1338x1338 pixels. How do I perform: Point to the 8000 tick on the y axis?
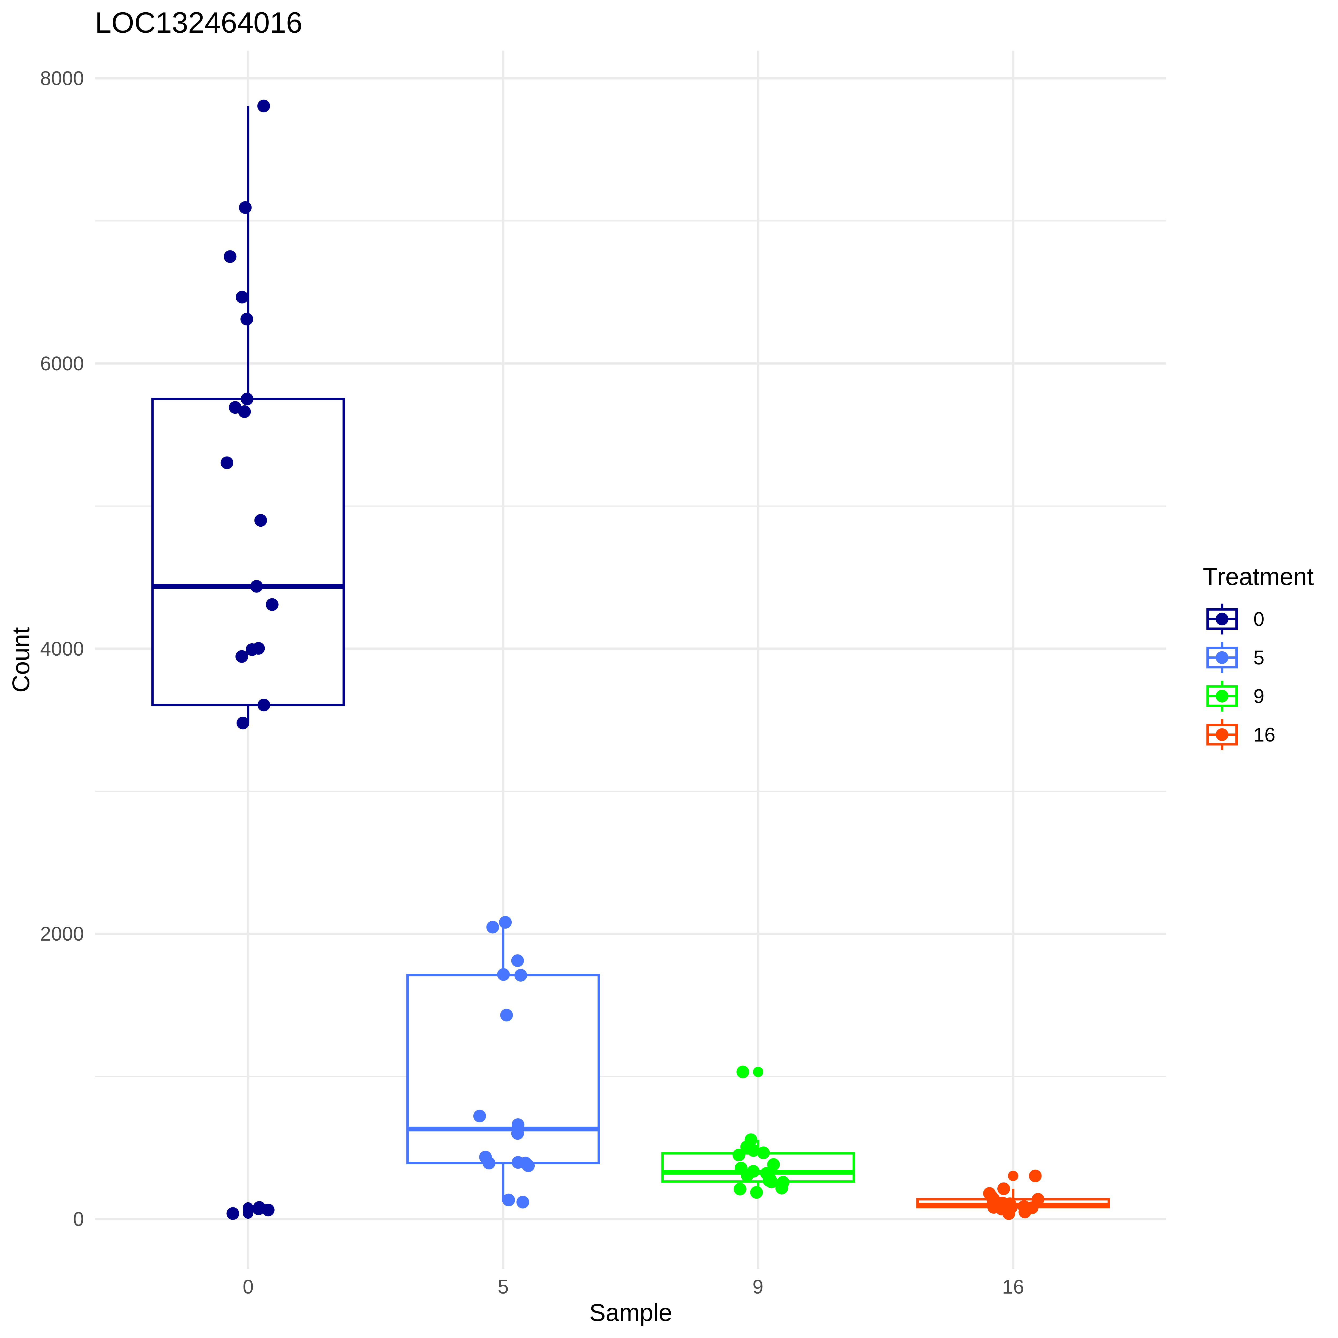pos(62,78)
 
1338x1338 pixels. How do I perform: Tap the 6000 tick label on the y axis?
pos(62,364)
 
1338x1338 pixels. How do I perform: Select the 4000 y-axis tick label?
pos(62,649)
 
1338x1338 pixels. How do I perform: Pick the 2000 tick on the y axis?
pos(62,934)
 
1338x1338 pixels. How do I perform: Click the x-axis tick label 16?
pos(1013,1287)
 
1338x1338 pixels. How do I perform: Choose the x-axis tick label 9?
pos(758,1287)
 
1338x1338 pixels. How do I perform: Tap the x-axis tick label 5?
pos(503,1287)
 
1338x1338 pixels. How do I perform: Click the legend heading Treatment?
pos(1258,577)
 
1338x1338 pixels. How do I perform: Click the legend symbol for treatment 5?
pos(1222,657)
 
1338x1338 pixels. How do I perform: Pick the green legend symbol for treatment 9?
pos(1222,696)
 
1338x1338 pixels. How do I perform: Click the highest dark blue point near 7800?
pos(263,106)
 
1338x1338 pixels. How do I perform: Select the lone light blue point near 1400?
pos(506,1015)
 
